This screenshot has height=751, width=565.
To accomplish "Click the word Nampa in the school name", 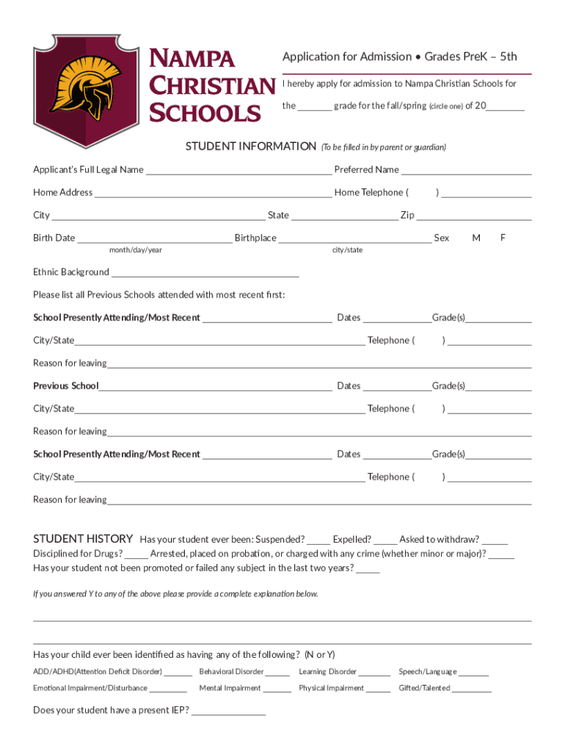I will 192,58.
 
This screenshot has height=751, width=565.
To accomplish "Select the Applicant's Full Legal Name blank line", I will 238,172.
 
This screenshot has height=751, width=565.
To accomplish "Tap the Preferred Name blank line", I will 466,172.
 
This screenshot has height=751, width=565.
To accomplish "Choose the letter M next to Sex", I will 476,238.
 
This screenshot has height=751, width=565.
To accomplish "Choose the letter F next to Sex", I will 503,238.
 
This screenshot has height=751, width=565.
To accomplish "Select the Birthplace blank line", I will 355,240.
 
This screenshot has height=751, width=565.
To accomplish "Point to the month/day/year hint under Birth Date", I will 136,250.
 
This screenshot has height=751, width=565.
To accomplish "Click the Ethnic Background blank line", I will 205,274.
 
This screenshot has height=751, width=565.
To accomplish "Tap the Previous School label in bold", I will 66,386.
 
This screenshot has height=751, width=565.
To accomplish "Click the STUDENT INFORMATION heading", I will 250,147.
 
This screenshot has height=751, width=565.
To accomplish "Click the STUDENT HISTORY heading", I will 83,539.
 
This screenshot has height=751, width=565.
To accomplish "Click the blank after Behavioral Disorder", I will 278,673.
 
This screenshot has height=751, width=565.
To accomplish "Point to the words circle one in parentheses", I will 445,106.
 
